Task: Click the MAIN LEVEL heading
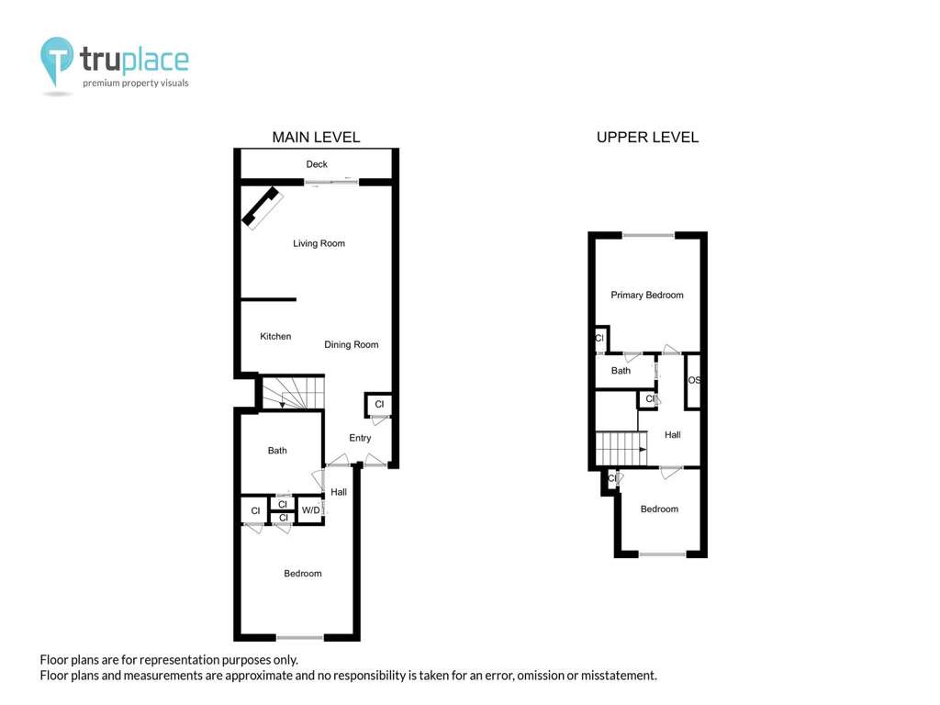click(316, 138)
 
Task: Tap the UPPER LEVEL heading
click(647, 138)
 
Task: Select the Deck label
click(317, 164)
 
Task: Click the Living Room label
click(319, 243)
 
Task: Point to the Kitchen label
click(275, 336)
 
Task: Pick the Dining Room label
click(352, 345)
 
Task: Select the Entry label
click(360, 438)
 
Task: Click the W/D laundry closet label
click(310, 510)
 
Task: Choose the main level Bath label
click(277, 450)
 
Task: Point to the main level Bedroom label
click(303, 574)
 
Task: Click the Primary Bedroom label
click(647, 295)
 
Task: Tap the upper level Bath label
click(621, 371)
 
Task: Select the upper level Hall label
click(673, 434)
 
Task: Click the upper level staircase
click(621, 448)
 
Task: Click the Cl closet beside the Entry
click(379, 404)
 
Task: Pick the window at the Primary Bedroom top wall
click(648, 236)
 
